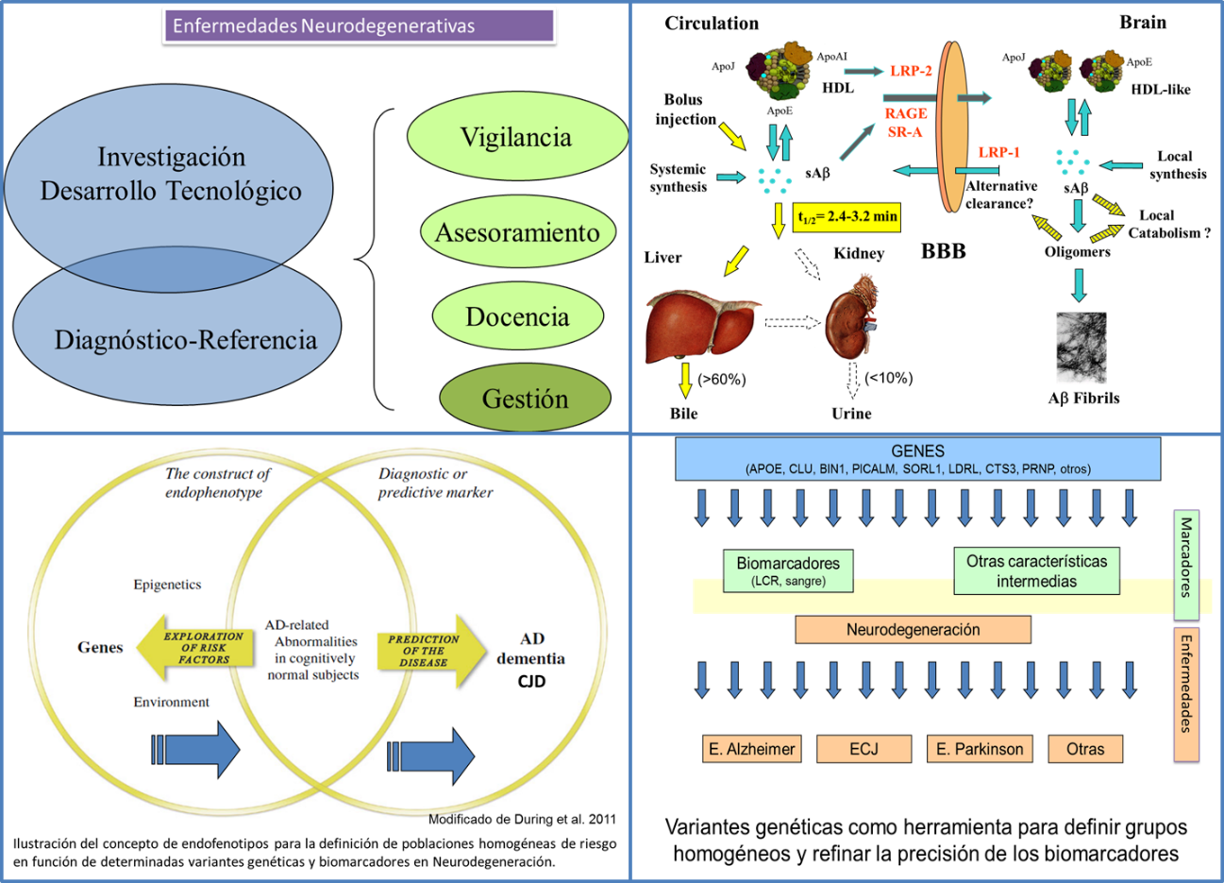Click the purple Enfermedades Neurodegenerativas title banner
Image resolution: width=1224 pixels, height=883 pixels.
359,25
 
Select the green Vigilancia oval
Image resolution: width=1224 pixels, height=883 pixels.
516,138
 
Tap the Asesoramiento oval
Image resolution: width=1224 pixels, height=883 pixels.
517,232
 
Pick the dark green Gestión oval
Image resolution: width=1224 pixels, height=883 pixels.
525,399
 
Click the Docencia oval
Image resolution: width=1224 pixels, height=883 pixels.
517,316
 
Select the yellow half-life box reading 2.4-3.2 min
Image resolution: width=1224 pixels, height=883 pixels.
847,216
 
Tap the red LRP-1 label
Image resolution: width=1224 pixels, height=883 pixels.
998,152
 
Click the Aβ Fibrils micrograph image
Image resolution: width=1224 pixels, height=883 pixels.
1081,348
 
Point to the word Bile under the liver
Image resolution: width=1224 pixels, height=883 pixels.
683,414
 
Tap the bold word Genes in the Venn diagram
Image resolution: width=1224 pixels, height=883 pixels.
100,648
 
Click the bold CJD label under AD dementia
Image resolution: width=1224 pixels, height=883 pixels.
531,681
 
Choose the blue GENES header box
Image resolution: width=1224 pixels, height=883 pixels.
917,459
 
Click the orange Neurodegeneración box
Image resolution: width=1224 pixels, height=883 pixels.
913,630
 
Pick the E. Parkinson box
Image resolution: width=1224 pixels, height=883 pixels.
980,749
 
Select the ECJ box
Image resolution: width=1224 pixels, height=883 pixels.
864,749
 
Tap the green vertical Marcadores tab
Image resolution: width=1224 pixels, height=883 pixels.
1186,567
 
